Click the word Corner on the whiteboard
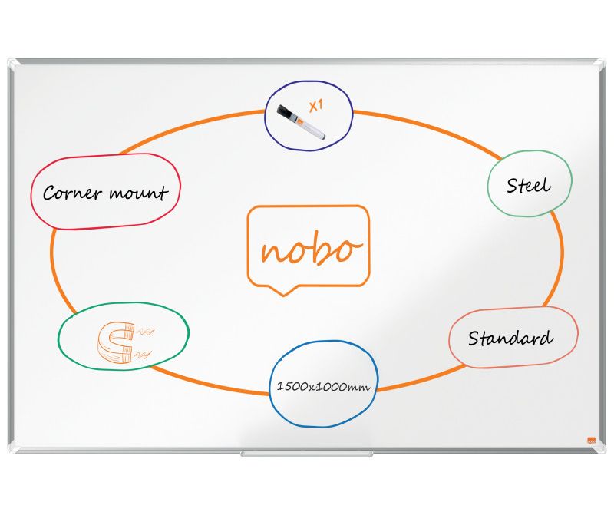coord(72,193)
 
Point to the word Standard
coord(510,338)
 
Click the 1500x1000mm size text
coord(323,387)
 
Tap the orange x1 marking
coord(316,106)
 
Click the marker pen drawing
coord(301,121)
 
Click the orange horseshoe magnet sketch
coord(116,342)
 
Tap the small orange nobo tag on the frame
coord(591,440)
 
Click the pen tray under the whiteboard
coord(306,454)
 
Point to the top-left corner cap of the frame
coord(12,63)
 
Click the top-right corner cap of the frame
coord(601,63)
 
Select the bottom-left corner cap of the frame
coord(12,449)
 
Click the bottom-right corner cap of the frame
coord(601,449)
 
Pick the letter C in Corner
coord(48,193)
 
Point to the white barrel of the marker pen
coord(312,129)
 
